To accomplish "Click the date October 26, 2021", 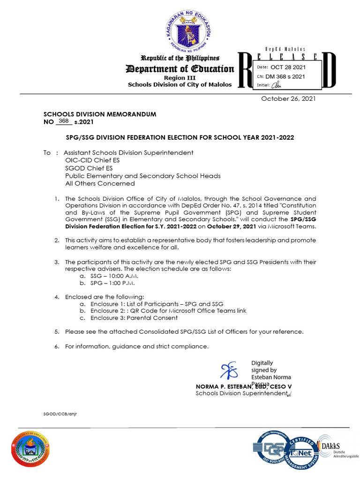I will tap(288, 98).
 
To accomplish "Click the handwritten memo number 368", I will tap(64, 121).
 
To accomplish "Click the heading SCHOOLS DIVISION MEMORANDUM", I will tap(100, 114).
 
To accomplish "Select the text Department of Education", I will tap(180, 69).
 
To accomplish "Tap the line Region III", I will tap(180, 77).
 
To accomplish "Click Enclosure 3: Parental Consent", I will tap(134, 318).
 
